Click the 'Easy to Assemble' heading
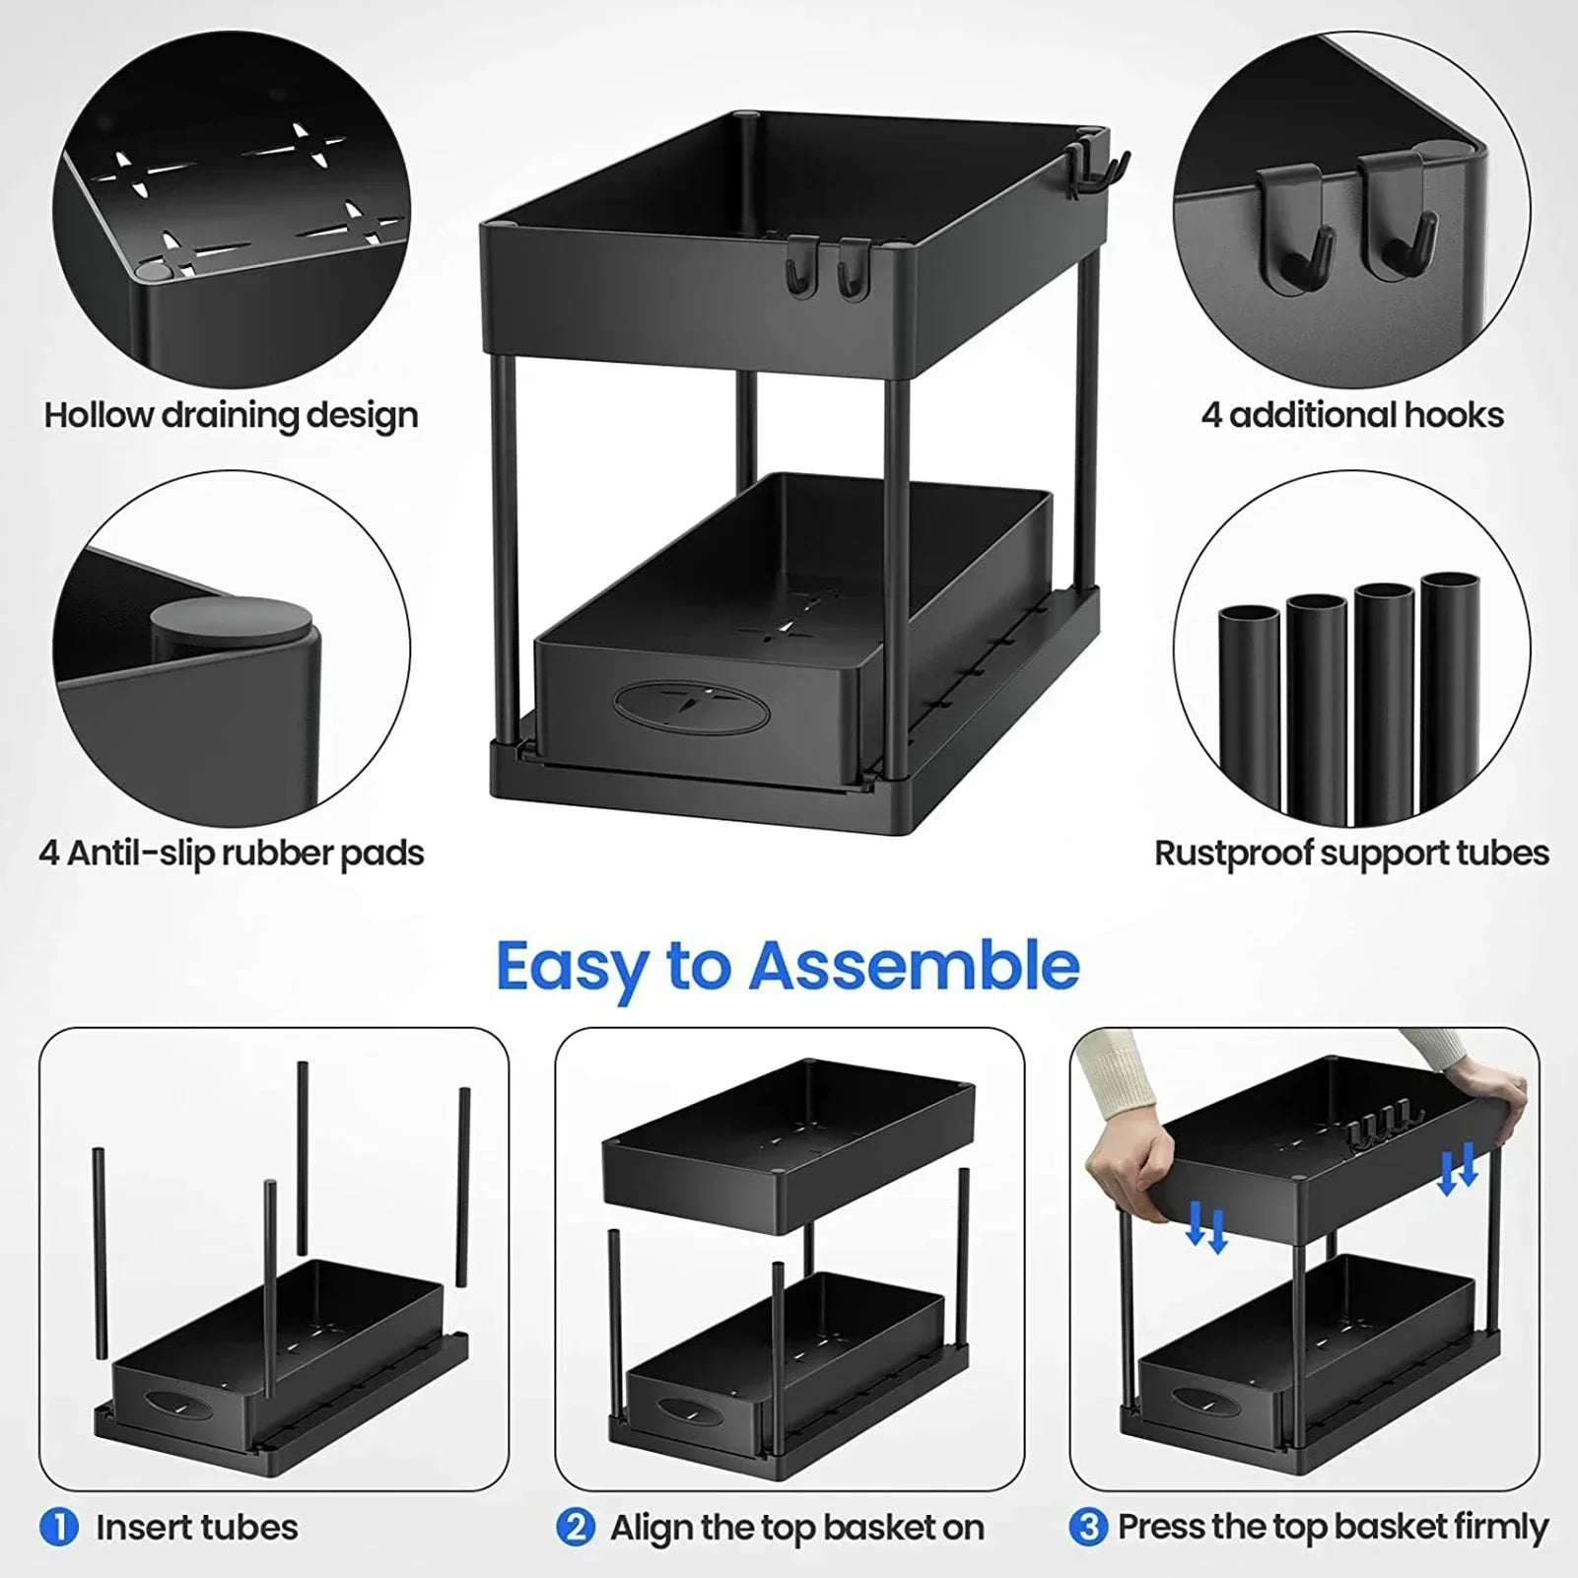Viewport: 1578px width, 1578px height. (788, 966)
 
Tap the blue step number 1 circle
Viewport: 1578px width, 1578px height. (59, 1528)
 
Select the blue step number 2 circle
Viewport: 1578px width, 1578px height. (575, 1528)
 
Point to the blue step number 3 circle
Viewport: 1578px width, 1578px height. (1088, 1528)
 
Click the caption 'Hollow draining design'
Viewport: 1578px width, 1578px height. (231, 415)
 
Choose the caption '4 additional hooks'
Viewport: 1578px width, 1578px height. (1351, 415)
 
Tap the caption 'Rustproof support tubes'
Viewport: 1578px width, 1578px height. (1351, 853)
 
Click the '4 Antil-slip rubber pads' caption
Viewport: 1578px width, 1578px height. (231, 853)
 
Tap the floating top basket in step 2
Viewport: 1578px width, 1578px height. (789, 1143)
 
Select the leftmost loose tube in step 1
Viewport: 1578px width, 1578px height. (99, 1252)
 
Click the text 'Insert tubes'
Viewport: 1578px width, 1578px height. (196, 1528)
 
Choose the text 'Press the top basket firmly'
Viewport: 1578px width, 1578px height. (1332, 1528)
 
